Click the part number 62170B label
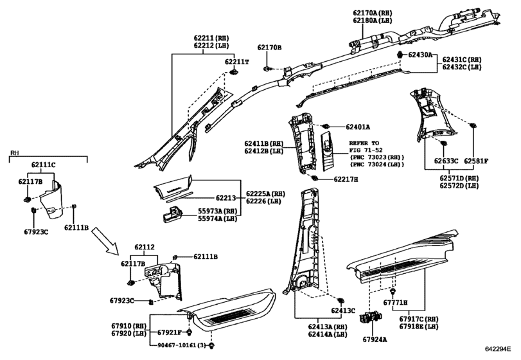click(x=269, y=48)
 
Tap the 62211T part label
click(x=236, y=62)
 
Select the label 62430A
click(x=420, y=55)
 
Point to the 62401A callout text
click(x=358, y=127)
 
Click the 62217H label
click(x=346, y=179)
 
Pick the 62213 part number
click(x=225, y=198)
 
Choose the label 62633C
click(x=446, y=161)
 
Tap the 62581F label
click(x=476, y=161)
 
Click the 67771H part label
click(x=395, y=303)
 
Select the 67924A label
click(x=375, y=339)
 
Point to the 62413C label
click(x=343, y=310)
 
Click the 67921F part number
click(x=169, y=332)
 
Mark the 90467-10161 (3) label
click(x=181, y=345)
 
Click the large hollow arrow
click(x=105, y=240)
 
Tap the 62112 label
click(x=144, y=248)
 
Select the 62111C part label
click(x=44, y=165)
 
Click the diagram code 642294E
click(x=497, y=348)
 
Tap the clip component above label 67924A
click(x=371, y=318)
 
